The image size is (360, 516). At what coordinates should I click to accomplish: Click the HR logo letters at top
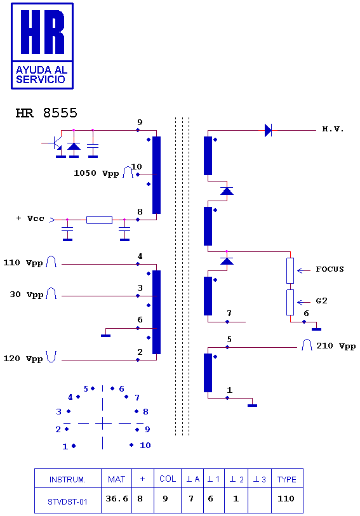pos(43,32)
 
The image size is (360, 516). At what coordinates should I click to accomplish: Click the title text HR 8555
pos(46,113)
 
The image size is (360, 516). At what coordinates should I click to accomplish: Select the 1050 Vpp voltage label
pos(96,173)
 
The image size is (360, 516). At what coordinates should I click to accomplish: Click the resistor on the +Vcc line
pos(100,220)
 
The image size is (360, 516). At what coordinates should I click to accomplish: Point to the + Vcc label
pos(30,218)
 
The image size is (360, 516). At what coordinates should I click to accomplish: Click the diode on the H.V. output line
pos(268,130)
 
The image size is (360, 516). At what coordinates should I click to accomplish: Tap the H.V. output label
pos(333,129)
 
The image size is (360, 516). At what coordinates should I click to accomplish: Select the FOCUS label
pos(330,269)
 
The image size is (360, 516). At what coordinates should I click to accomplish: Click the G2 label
pos(321,301)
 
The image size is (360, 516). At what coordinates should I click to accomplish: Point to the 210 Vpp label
pos(336,346)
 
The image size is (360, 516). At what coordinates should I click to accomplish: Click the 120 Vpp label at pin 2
pos(23,359)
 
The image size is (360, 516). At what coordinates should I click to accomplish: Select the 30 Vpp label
pos(27,294)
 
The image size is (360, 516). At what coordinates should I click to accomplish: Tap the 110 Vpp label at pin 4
pos(23,263)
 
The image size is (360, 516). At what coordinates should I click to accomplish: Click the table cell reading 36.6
pos(116,499)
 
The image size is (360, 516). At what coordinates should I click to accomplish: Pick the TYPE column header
pos(287,479)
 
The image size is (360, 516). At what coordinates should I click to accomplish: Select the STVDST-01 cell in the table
pos(67,502)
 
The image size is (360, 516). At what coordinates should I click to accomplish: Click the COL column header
pos(168,479)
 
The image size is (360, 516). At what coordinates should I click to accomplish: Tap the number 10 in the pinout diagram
pos(145,446)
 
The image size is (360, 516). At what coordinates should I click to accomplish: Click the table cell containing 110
pos(286,499)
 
